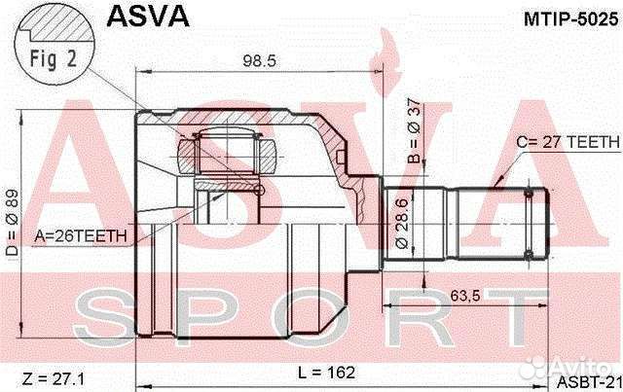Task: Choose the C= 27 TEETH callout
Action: coord(567,141)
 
